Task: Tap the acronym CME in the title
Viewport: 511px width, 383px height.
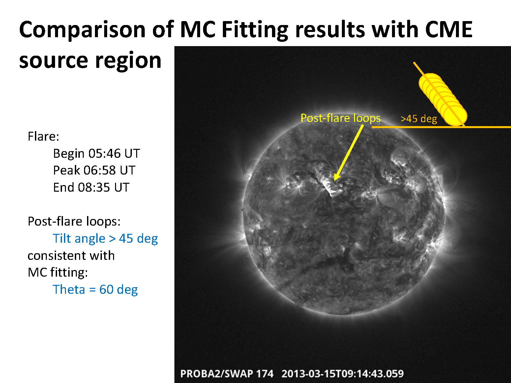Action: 449,29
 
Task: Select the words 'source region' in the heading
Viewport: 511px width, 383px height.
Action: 90,60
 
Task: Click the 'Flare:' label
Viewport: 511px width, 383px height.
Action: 44,136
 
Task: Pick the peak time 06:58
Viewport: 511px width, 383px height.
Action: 100,170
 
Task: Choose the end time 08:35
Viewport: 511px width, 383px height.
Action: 94,187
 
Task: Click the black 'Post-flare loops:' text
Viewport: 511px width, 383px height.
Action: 74,221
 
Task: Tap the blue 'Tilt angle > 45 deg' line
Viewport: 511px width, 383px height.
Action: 105,238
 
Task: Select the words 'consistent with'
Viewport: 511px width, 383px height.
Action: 71,256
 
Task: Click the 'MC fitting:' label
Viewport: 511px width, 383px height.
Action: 58,273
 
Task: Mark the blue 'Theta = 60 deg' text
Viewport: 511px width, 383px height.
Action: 95,290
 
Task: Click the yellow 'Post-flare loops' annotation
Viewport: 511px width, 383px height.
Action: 341,118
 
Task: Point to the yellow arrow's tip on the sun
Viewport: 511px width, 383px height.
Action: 335,180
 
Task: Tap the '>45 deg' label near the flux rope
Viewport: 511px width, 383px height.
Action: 419,119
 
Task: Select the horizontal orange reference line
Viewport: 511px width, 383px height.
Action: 441,127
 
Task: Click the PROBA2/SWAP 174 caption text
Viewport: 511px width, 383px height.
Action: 227,374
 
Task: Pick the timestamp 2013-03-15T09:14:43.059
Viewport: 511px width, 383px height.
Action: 343,374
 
